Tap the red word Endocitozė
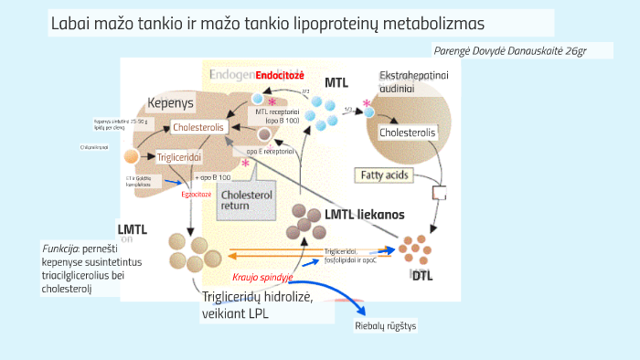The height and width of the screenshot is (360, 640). coord(280,75)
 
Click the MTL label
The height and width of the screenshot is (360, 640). coord(336,82)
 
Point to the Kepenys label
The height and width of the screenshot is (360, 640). coord(172,105)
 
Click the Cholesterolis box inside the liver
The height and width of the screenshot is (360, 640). coord(198,127)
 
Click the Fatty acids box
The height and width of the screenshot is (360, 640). coord(385,175)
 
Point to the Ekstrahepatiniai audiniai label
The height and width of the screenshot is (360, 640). coord(410,81)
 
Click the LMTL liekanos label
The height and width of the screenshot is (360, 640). coord(365,215)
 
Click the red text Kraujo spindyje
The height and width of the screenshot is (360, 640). coord(262,276)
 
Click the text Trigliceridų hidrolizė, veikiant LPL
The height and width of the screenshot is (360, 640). coord(258,305)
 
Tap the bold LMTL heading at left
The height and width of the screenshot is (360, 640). coord(132,228)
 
